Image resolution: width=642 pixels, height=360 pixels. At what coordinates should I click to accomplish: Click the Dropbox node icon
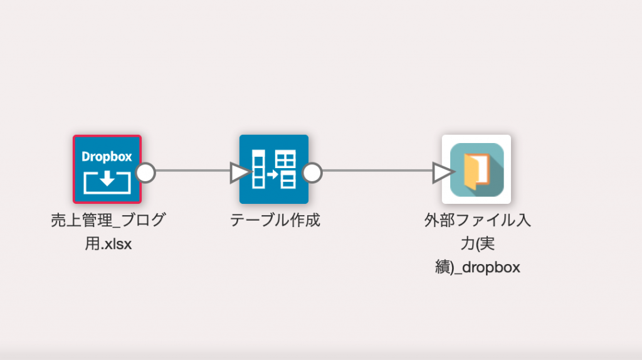click(x=107, y=169)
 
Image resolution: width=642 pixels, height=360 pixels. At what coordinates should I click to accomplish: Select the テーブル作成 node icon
click(x=274, y=169)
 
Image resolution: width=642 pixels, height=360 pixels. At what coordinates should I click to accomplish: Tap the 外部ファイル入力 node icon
click(x=476, y=169)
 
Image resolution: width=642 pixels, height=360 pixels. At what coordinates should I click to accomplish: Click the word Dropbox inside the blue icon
click(x=107, y=156)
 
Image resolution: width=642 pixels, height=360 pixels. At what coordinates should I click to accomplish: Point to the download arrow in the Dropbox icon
click(x=107, y=178)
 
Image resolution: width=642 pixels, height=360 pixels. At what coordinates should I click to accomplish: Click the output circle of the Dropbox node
click(x=145, y=172)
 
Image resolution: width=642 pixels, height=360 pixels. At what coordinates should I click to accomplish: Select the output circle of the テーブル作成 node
click(x=312, y=172)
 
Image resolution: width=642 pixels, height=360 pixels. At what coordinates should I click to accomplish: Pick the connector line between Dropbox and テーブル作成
click(x=193, y=171)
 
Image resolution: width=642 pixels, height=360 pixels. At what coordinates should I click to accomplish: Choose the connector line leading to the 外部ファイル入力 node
click(x=377, y=171)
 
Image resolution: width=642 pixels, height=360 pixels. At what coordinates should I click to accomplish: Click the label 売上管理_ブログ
click(x=108, y=220)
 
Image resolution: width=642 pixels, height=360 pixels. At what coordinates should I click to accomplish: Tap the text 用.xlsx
click(x=108, y=244)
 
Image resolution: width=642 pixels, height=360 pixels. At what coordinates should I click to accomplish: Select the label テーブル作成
click(x=275, y=220)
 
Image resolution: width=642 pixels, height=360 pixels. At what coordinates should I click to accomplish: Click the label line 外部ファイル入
click(x=477, y=220)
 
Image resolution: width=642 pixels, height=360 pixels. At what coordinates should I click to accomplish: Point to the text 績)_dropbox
click(x=477, y=267)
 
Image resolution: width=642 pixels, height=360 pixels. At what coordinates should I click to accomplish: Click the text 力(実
click(x=477, y=244)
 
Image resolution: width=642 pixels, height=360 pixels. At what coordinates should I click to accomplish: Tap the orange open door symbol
click(x=477, y=171)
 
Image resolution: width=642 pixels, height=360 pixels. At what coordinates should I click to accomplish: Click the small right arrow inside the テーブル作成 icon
click(x=273, y=175)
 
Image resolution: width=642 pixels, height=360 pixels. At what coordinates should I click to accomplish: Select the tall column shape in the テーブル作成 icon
click(x=258, y=169)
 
